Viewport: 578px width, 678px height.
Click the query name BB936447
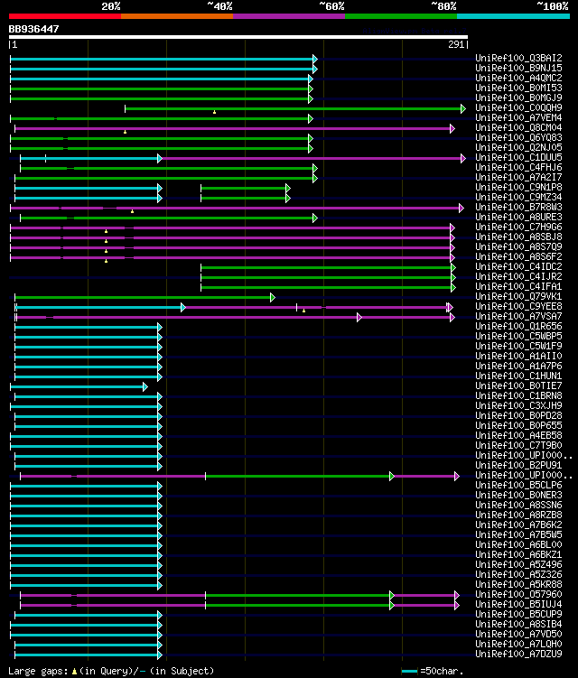(34, 29)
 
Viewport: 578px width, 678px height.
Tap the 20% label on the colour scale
(111, 5)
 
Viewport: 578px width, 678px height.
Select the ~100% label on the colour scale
(552, 5)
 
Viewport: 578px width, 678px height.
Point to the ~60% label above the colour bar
(331, 5)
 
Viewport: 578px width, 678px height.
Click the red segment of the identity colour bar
(64, 16)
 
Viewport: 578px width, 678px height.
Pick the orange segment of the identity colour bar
(176, 16)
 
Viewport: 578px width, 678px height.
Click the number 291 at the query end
(456, 44)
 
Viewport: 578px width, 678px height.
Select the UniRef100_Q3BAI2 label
(518, 59)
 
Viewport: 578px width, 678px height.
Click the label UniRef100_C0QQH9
(518, 108)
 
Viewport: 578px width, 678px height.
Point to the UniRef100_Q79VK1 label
(518, 296)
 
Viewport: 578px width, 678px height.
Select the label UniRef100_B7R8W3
(518, 208)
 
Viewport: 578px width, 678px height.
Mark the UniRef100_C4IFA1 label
(518, 286)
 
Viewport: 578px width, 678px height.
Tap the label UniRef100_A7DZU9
(518, 654)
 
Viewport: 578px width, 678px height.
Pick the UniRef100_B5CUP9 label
(518, 614)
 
